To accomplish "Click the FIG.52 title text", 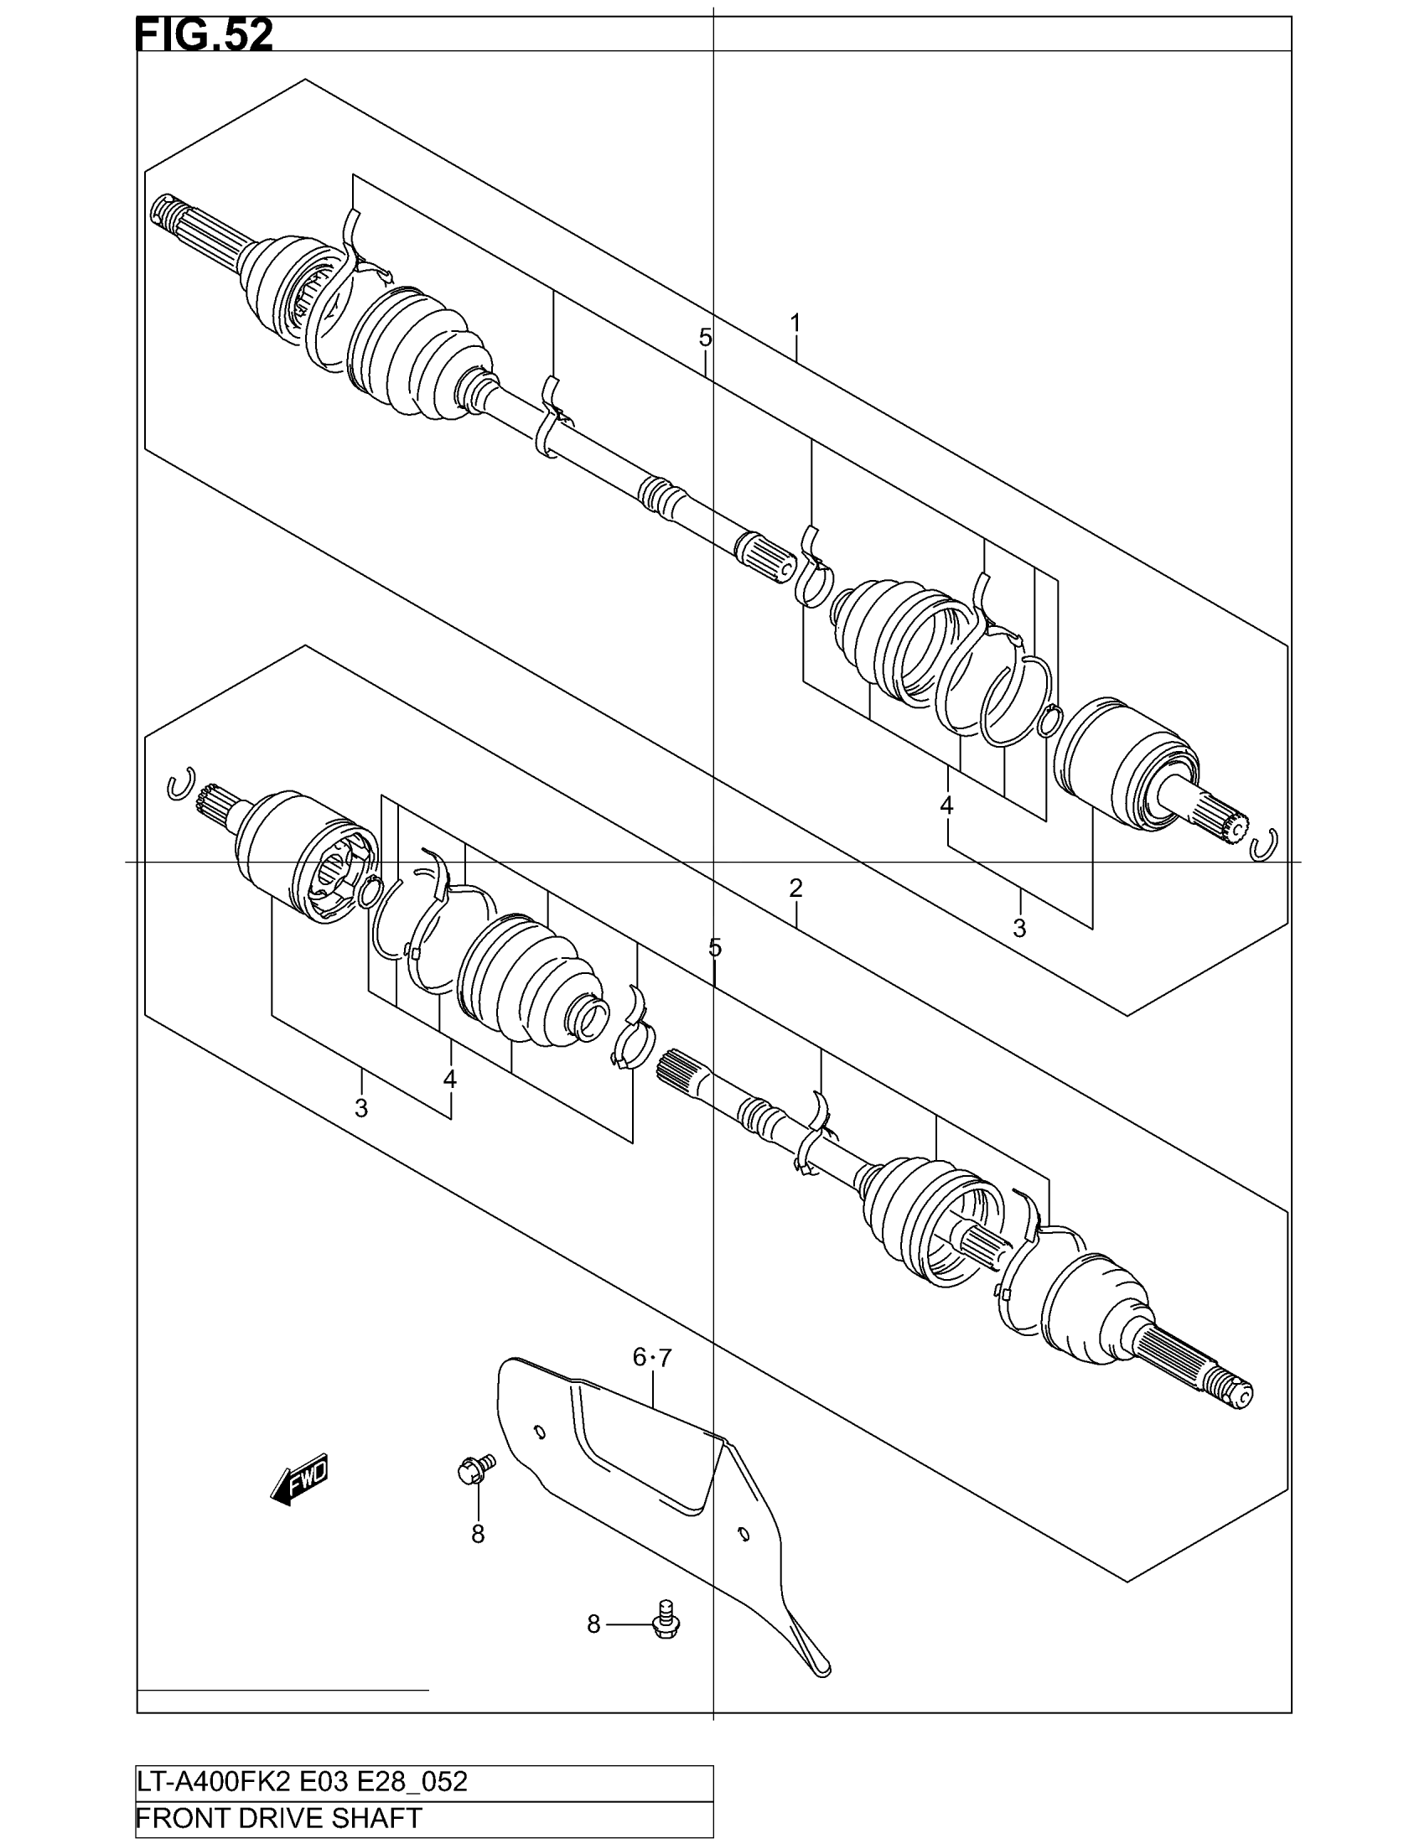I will tap(204, 36).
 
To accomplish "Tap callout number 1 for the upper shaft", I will tap(795, 324).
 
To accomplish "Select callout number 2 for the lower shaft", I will tap(795, 888).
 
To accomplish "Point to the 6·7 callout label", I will tap(651, 1358).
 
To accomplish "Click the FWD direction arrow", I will tap(300, 1479).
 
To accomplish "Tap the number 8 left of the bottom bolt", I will tap(593, 1624).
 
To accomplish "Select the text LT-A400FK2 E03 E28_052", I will tap(303, 1781).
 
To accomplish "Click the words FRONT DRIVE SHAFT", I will tap(278, 1817).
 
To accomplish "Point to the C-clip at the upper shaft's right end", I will tap(1264, 845).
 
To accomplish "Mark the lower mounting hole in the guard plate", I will tap(743, 1534).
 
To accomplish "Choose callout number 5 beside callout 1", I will tap(705, 338).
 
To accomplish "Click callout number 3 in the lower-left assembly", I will tap(361, 1107).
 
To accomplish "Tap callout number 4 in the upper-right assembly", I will tap(946, 805).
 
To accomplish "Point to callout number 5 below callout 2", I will tap(715, 947).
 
